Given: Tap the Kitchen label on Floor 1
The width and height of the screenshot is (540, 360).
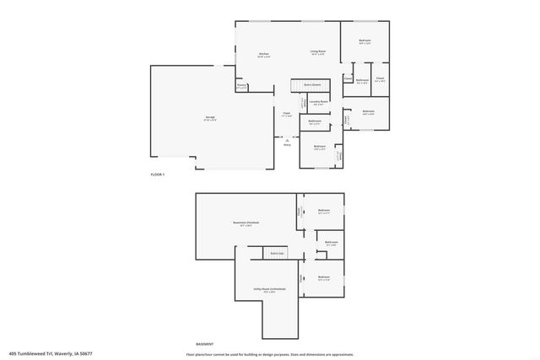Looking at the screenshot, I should point(263,55).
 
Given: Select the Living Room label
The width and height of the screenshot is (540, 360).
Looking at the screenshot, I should point(317,52).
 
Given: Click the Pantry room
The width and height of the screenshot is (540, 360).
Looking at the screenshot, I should point(241,86).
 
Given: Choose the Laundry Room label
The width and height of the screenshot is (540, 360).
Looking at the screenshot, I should point(318,102).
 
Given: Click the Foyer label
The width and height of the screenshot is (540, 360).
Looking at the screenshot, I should point(287,114).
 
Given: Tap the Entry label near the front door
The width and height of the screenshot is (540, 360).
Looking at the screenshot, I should point(287,145).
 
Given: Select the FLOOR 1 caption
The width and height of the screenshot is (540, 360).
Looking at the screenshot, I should point(158,174).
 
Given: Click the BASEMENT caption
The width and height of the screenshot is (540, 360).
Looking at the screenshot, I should point(204,344).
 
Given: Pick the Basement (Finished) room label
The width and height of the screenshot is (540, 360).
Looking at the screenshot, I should point(246,223).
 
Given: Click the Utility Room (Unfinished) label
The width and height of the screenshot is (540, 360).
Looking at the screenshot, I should point(269,289).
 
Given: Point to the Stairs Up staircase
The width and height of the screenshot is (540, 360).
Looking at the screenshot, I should point(276,253).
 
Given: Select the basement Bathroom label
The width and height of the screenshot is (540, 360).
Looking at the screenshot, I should point(332,244).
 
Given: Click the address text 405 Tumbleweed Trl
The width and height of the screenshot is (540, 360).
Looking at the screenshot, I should point(50,353).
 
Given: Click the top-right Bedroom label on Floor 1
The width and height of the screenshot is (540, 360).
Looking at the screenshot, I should point(364,41).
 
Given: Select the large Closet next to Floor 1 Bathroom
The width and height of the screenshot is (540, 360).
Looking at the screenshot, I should point(380,80).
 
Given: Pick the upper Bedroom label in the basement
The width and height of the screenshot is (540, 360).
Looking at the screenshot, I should point(324,211).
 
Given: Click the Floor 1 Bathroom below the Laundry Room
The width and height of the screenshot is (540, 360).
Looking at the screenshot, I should point(315,122).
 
